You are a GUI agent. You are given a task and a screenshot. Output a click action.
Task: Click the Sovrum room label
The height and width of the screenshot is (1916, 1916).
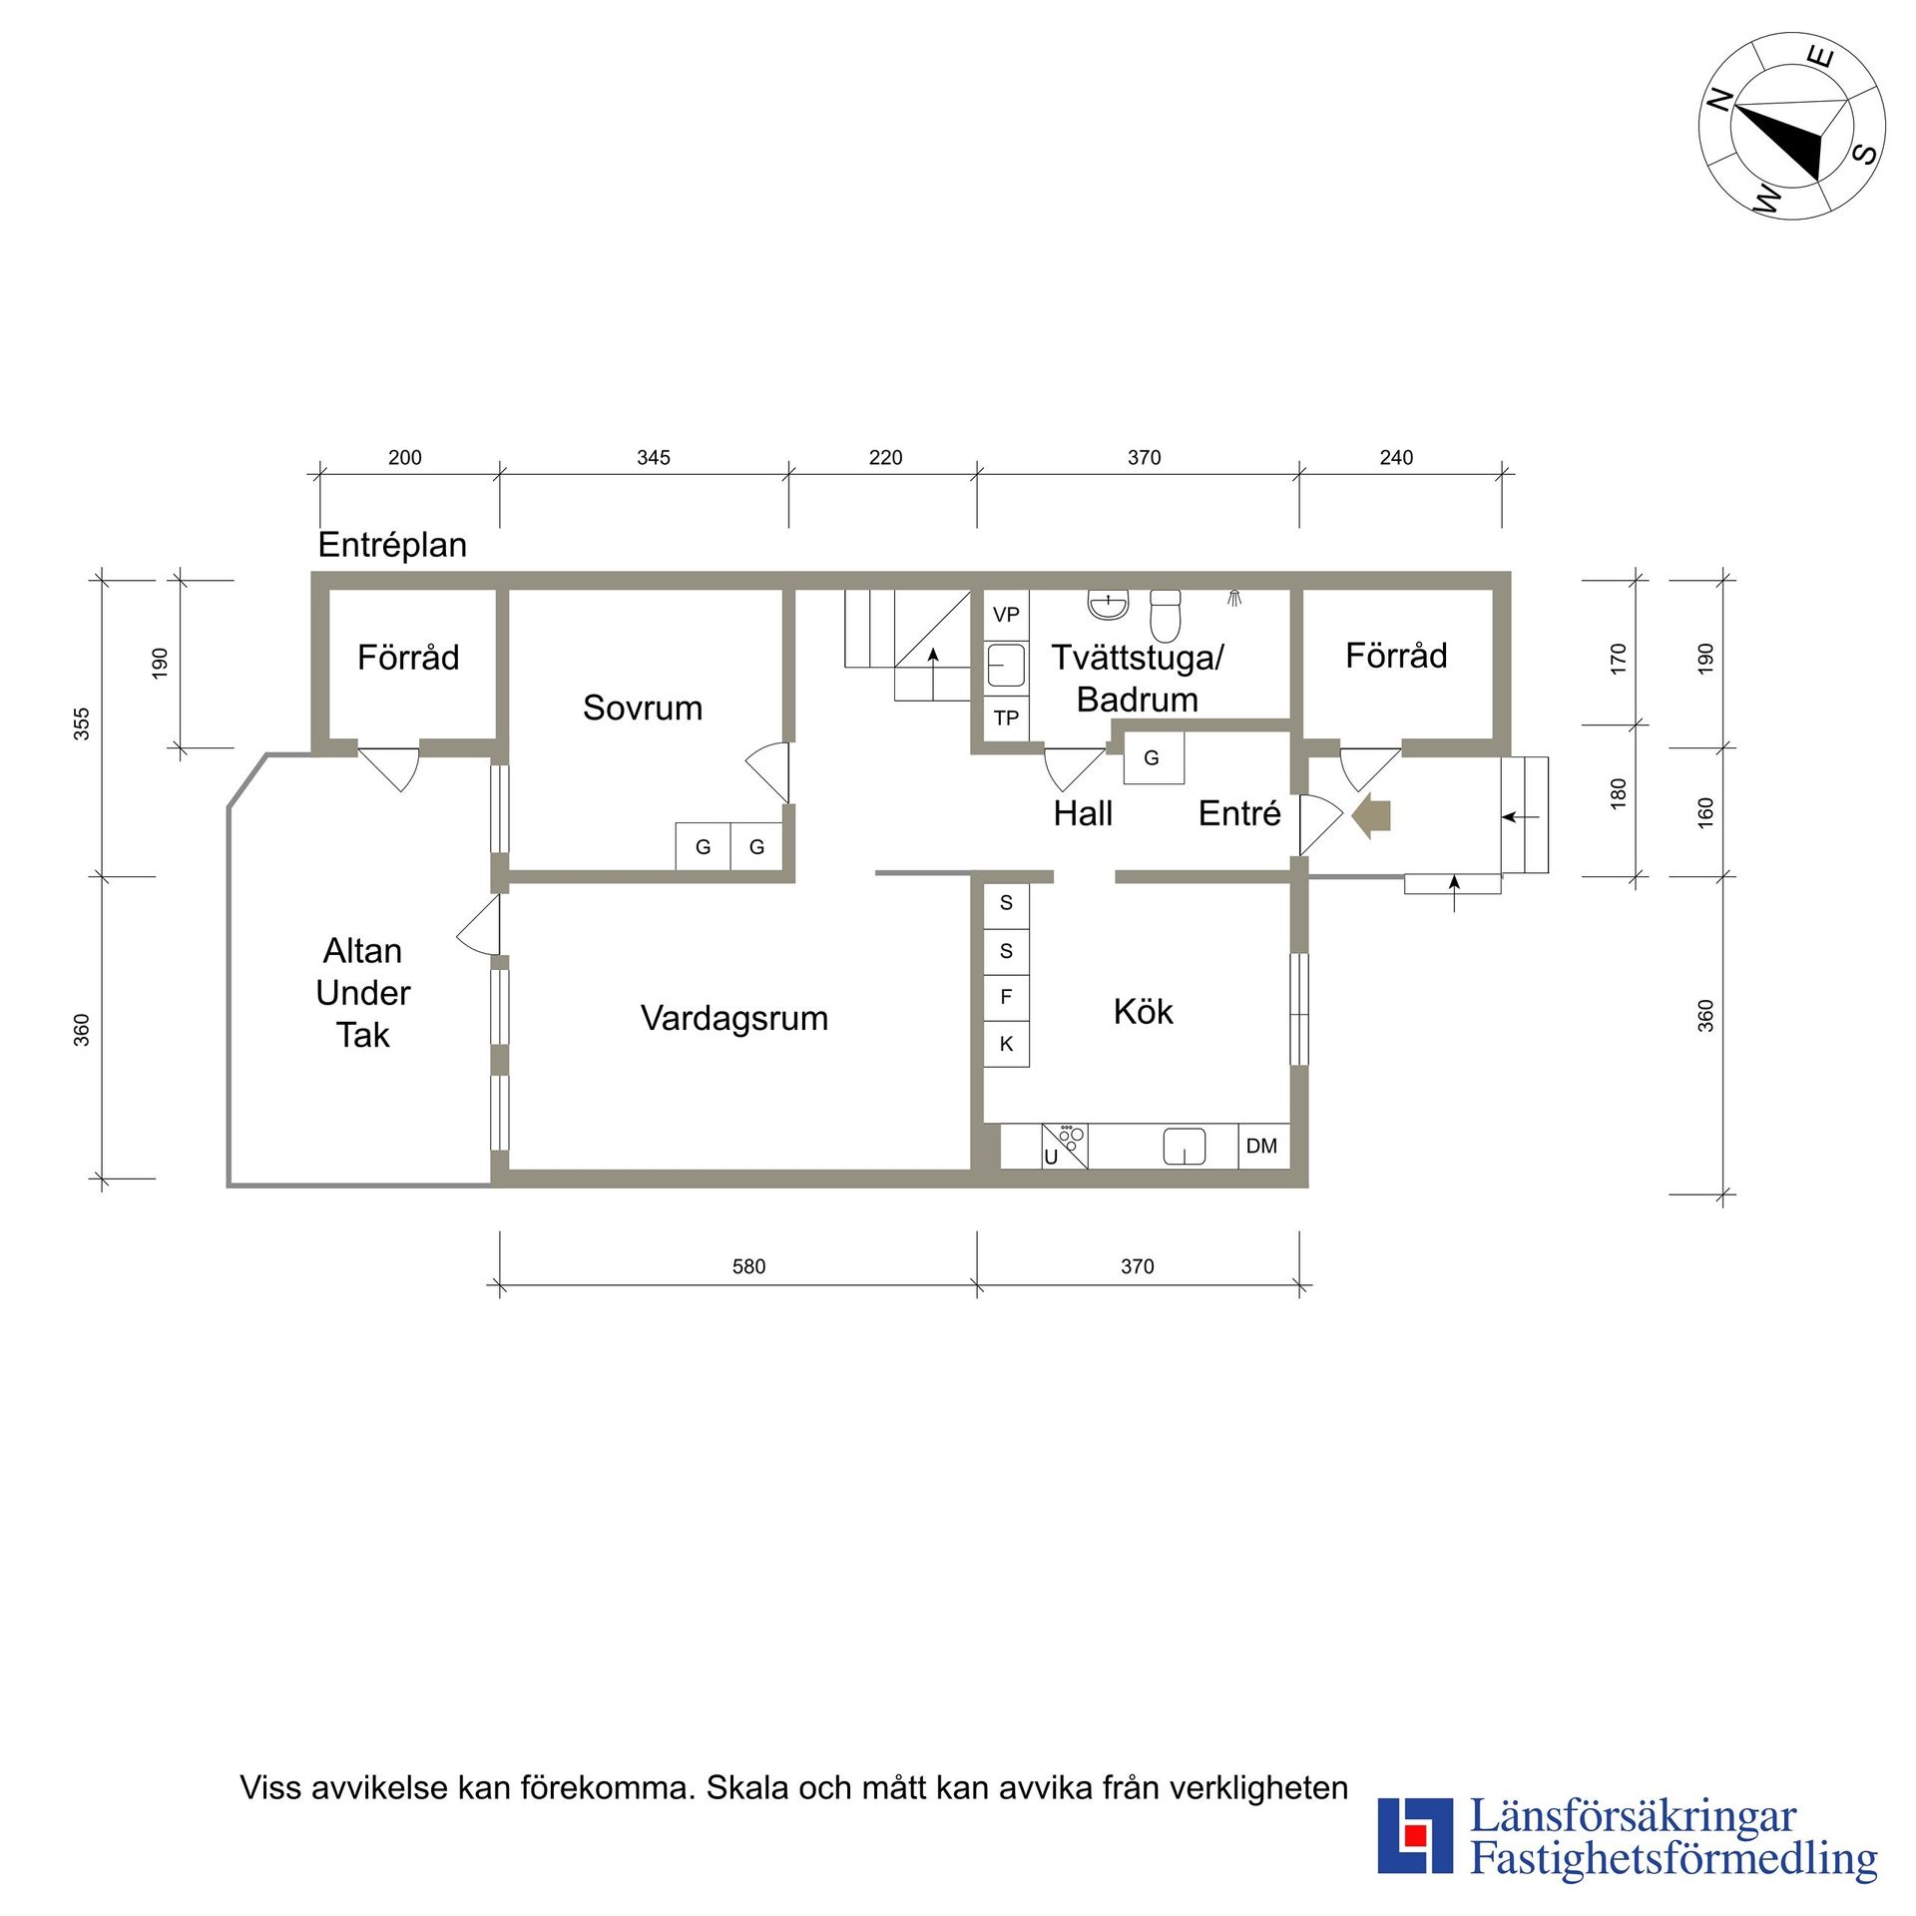pos(643,708)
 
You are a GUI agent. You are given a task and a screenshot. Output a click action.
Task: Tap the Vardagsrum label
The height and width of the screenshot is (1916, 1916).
pos(734,1019)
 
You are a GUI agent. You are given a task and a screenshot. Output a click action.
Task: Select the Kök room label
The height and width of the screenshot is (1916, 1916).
pos(1143,1012)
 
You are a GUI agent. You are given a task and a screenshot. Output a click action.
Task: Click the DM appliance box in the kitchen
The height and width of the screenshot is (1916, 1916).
pos(1262,1147)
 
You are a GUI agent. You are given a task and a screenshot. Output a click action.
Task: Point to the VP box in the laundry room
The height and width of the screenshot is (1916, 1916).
pos(1006,615)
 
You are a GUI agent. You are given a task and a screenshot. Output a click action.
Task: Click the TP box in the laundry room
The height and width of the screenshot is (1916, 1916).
pos(1006,718)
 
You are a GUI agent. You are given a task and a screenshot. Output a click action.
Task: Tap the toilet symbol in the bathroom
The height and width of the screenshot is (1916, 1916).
pos(1165,615)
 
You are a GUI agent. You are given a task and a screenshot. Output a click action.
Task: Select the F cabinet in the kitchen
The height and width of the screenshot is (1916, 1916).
pos(1006,997)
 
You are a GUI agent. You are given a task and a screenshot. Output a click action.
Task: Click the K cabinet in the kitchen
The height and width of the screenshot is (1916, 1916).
pos(1006,1045)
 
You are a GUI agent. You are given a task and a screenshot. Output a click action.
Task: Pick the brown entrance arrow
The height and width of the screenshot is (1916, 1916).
pos(1372,817)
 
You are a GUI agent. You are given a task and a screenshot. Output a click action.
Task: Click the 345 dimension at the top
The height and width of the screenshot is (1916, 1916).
pos(654,458)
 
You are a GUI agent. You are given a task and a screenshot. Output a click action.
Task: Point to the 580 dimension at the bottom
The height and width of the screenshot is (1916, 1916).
pos(748,1267)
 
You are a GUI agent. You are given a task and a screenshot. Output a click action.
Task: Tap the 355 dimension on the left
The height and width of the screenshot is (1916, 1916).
pos(82,724)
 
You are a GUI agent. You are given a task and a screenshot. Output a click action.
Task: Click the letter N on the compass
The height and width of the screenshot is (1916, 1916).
pos(1720,101)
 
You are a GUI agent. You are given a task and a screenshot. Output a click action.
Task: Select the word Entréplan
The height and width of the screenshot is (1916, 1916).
pos(392,545)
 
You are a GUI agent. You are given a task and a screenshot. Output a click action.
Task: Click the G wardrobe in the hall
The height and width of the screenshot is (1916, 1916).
pos(1154,757)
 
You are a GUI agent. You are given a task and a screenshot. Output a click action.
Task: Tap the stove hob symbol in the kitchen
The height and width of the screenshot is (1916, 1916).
pos(1065,1147)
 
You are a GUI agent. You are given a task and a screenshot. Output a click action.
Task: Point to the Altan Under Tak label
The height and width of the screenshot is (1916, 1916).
pos(362,993)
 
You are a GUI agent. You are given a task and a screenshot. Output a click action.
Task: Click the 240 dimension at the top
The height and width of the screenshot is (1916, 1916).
pos(1396,458)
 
